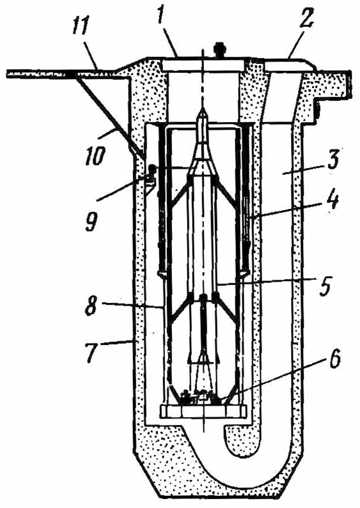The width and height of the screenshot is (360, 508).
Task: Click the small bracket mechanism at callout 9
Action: click(150, 180)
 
